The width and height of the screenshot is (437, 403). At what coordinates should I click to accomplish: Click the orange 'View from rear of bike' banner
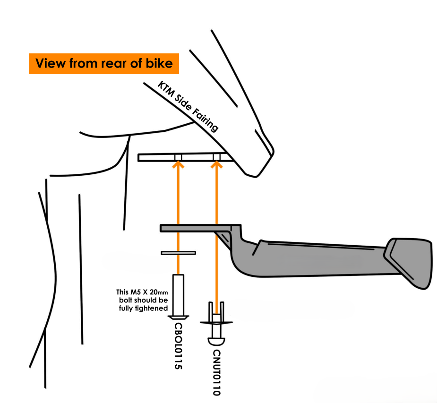[x=103, y=63]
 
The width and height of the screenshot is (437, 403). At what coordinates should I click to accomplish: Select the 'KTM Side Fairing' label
[x=188, y=106]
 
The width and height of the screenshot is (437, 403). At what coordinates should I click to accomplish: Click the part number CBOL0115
[x=179, y=346]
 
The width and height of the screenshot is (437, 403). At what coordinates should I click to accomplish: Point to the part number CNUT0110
[x=216, y=372]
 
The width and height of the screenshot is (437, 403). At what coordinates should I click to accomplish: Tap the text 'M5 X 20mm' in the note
[x=150, y=292]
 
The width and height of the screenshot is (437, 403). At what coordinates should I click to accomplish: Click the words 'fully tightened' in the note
[x=143, y=308]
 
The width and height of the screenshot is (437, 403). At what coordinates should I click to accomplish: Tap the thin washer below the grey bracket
[x=179, y=253]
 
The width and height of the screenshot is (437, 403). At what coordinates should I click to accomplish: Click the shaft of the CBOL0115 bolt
[x=179, y=295]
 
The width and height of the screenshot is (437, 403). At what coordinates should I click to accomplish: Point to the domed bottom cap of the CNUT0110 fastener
[x=216, y=342]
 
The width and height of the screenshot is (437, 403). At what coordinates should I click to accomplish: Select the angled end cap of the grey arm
[x=409, y=262]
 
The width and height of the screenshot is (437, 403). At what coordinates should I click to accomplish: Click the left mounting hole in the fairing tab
[x=178, y=157]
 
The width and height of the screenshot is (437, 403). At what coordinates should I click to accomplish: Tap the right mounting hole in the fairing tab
[x=216, y=157]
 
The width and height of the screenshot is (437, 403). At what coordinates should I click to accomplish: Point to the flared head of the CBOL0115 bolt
[x=179, y=317]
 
